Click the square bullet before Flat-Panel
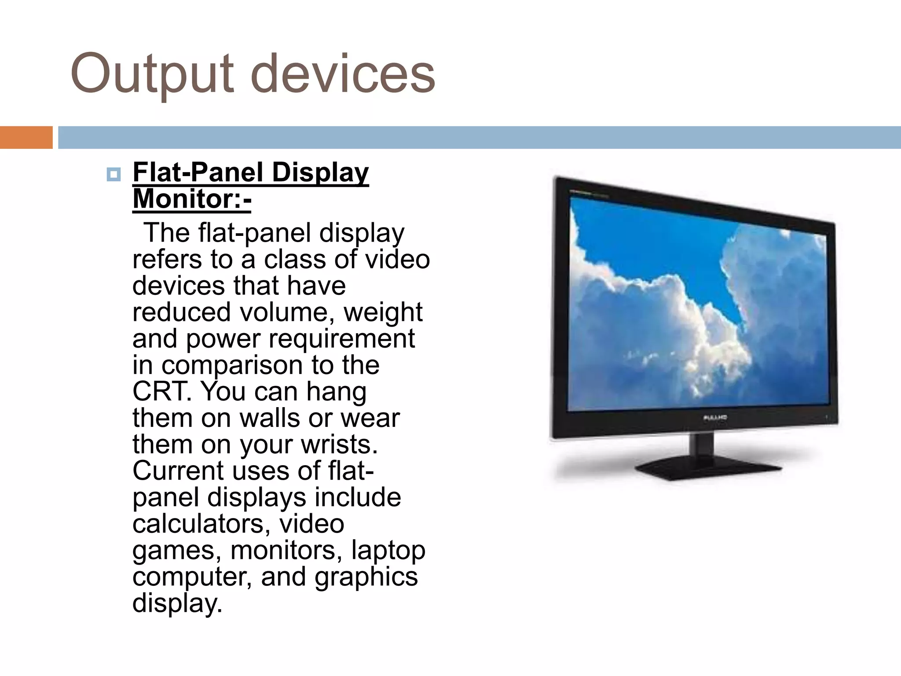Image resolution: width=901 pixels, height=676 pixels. [114, 175]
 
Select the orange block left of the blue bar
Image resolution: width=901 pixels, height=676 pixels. [26, 137]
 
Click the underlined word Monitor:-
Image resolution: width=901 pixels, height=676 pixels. [192, 199]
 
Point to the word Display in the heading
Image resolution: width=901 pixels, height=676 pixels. [320, 172]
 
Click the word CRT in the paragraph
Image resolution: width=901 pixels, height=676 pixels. [161, 391]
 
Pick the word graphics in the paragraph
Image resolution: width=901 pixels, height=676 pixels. [366, 577]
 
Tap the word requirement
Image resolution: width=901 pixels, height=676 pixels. [341, 338]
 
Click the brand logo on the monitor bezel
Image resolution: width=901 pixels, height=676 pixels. [714, 417]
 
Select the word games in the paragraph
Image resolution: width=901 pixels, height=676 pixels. [176, 551]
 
